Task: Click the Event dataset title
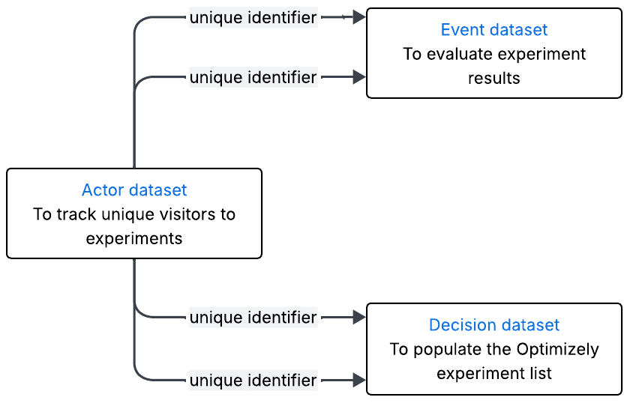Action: [x=493, y=30]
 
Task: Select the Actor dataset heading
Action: [x=134, y=190]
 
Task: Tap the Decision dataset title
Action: [x=493, y=325]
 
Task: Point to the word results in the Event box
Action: [x=493, y=78]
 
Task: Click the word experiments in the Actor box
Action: [x=134, y=238]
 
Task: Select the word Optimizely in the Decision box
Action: [x=557, y=349]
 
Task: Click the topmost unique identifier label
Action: [x=253, y=17]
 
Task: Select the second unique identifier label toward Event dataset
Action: [x=253, y=76]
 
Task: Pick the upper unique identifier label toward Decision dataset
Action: [x=253, y=318]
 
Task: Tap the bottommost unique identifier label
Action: [x=253, y=380]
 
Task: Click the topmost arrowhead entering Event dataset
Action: [x=359, y=17]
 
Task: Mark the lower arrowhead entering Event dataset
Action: [x=359, y=76]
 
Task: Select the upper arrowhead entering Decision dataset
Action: [x=359, y=318]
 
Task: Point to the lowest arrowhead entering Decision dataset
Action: [x=359, y=380]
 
